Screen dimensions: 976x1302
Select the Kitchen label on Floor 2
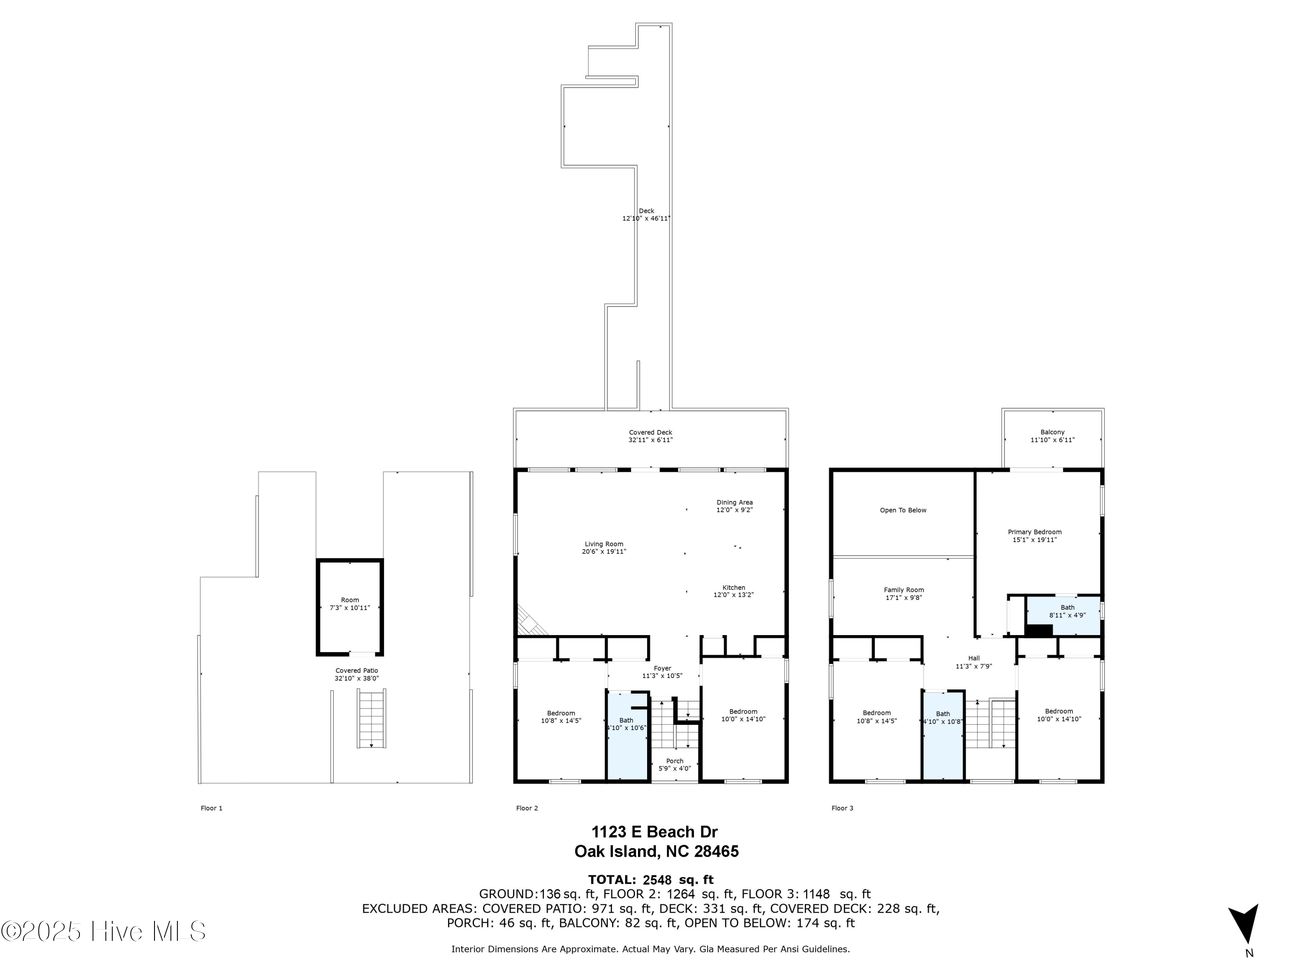733,588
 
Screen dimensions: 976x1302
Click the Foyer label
662,668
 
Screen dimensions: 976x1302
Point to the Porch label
674,761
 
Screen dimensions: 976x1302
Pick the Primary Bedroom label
1034,532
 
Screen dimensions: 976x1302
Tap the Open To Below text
902,510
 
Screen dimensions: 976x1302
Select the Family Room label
904,590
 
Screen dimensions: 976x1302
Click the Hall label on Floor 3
973,658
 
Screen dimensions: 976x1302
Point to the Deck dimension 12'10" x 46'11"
646,218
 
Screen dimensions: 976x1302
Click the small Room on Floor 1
350,606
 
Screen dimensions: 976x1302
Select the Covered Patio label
356,671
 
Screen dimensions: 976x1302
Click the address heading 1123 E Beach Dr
654,832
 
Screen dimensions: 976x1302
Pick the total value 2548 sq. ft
677,880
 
